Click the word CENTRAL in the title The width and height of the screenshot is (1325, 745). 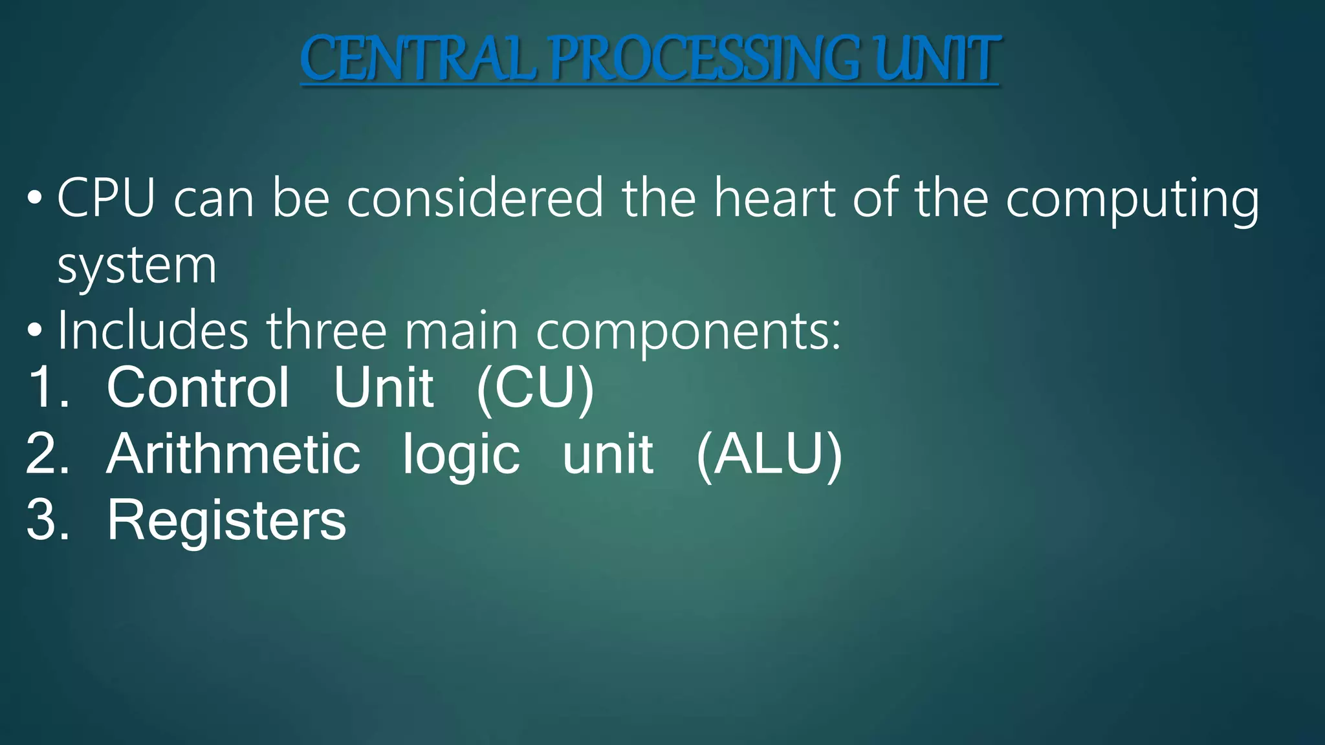tap(418, 59)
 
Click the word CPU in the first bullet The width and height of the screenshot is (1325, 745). tap(106, 198)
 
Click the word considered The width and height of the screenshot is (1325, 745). tap(475, 198)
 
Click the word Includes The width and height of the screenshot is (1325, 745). tap(153, 331)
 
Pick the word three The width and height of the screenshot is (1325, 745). tap(327, 331)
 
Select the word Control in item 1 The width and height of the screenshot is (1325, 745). tap(198, 387)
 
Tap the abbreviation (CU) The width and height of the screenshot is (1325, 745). tap(535, 389)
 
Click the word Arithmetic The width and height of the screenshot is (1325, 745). tap(233, 454)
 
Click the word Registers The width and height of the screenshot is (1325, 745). tap(226, 521)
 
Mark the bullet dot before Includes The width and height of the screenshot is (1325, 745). tap(35, 331)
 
